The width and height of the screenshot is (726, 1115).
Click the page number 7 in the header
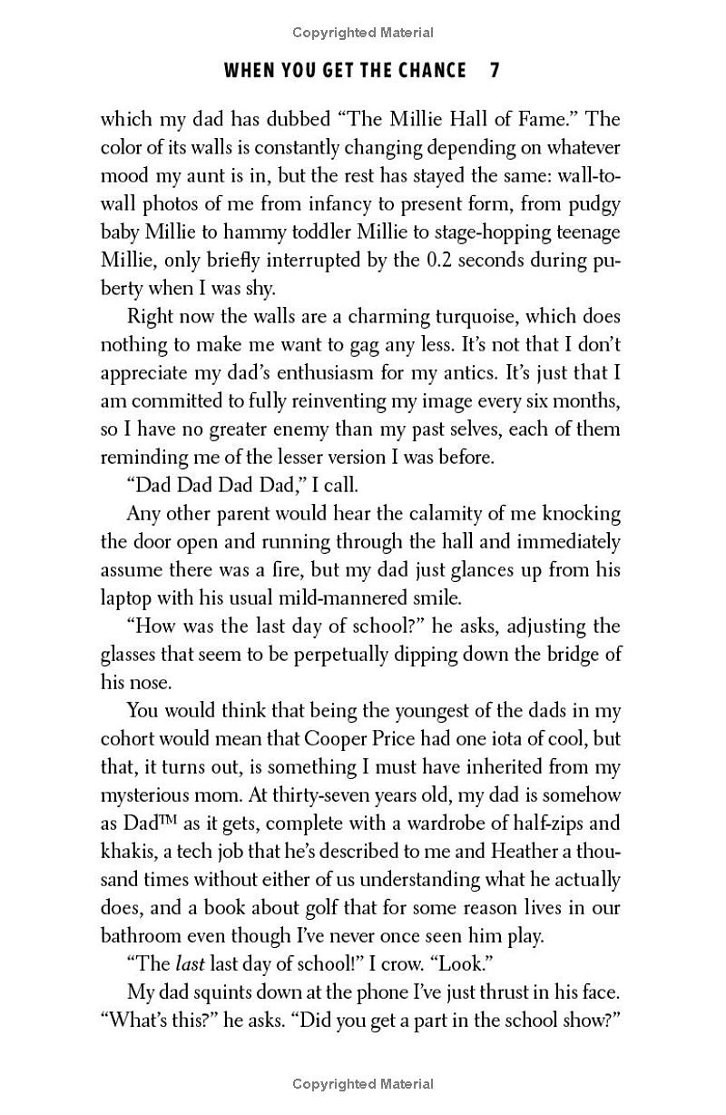pyautogui.click(x=495, y=71)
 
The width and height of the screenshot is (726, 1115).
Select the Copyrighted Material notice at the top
pyautogui.click(x=363, y=33)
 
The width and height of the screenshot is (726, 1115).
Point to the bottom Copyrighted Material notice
pyautogui.click(x=363, y=1083)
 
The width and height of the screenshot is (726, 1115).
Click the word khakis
pyautogui.click(x=125, y=852)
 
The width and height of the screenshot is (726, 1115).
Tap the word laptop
pyautogui.click(x=126, y=598)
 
